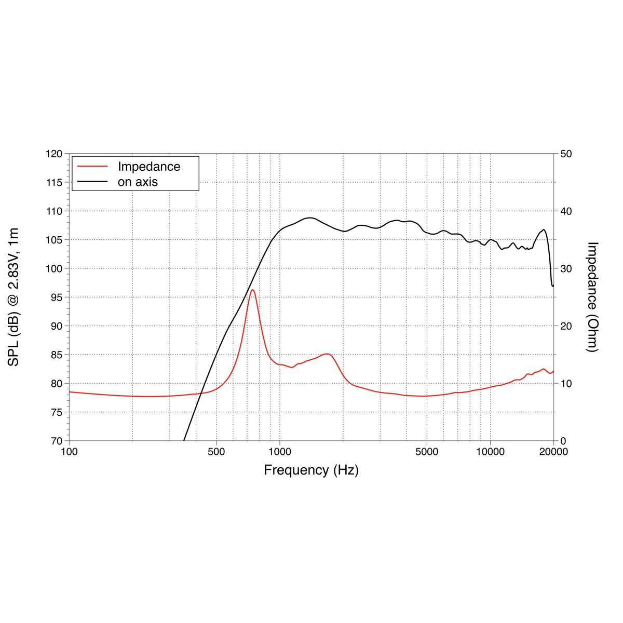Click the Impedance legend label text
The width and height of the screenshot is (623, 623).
click(149, 167)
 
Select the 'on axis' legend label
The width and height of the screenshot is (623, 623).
click(138, 182)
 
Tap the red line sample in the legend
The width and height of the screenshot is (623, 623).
click(92, 167)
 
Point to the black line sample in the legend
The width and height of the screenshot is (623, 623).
click(92, 182)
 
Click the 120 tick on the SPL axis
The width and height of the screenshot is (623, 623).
click(53, 154)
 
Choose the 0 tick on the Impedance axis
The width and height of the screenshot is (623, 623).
click(563, 441)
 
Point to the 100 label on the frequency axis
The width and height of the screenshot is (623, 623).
click(69, 452)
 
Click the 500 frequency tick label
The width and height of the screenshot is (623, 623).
click(216, 452)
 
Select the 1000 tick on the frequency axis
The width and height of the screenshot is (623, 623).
click(280, 452)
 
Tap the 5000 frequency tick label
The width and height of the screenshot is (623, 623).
click(427, 452)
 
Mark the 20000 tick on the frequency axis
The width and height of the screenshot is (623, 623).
click(553, 452)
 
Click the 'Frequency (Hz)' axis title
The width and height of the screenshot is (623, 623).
click(311, 470)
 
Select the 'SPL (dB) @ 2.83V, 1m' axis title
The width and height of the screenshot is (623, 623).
click(14, 297)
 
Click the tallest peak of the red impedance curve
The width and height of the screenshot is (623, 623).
click(252, 290)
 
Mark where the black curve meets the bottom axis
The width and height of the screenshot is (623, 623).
click(184, 440)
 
